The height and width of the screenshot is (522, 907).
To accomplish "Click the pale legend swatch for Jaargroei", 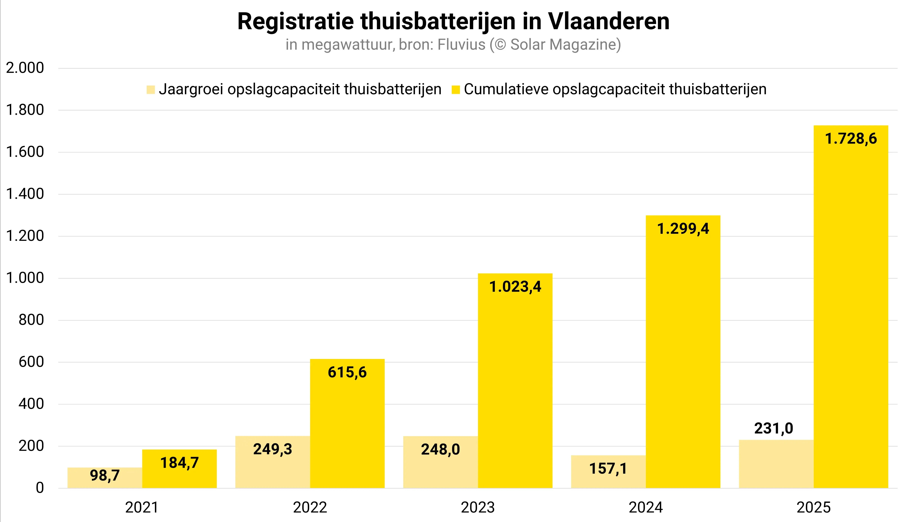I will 151,90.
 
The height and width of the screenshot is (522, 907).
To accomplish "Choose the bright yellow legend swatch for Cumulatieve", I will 455,90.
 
